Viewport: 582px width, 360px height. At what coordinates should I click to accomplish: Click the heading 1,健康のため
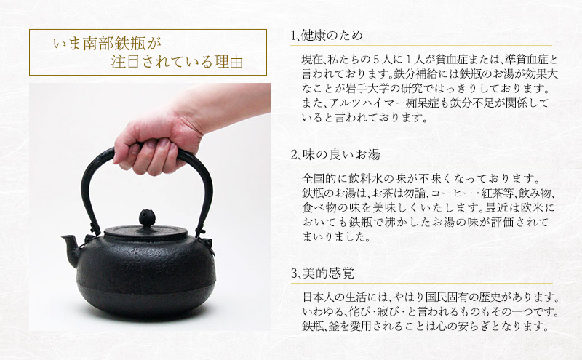(x=326, y=36)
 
